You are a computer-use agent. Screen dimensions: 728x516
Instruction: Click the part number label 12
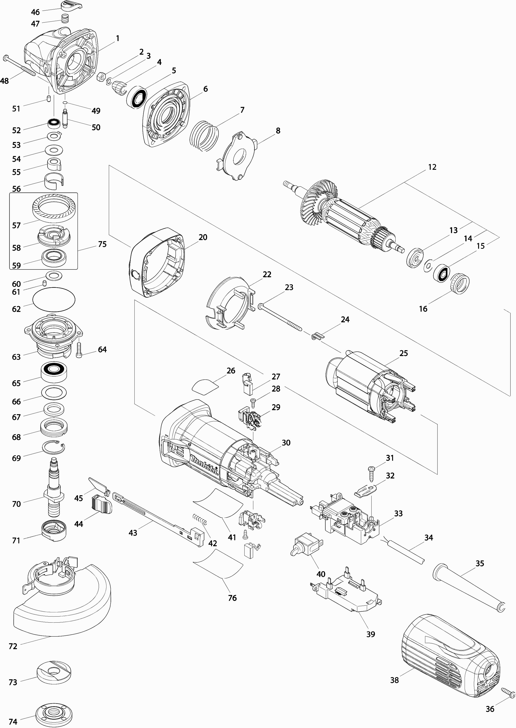click(432, 167)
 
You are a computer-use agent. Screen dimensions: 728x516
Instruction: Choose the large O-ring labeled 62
click(54, 300)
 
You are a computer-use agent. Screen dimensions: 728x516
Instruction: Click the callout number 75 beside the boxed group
click(102, 244)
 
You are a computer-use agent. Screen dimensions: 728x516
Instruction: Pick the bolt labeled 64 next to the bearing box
click(79, 350)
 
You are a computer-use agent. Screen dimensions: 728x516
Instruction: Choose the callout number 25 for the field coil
click(404, 353)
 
